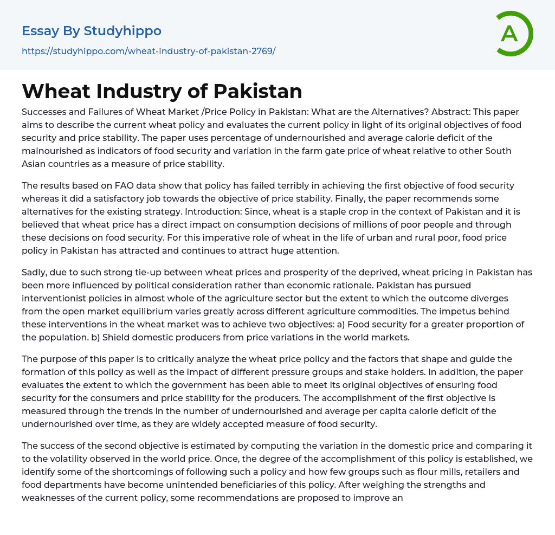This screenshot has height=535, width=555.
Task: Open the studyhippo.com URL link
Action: pos(149,51)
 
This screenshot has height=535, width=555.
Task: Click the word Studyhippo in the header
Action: pos(122,31)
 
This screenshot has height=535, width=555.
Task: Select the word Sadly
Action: pos(35,272)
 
